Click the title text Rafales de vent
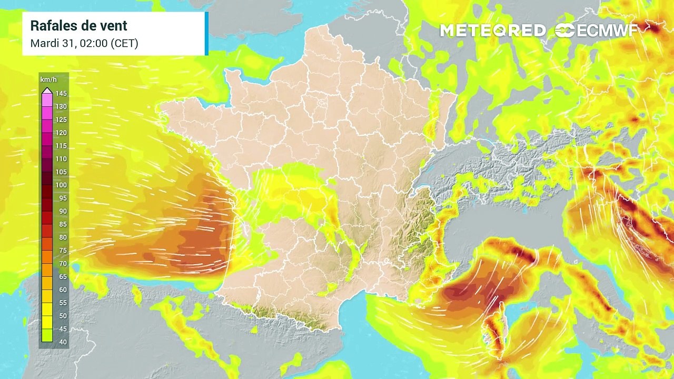click(x=78, y=26)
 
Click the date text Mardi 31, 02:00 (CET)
click(x=84, y=43)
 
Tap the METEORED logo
click(x=493, y=31)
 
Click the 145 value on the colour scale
click(x=61, y=94)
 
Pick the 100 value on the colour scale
click(x=61, y=185)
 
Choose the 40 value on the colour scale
click(x=61, y=342)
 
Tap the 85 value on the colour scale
click(x=61, y=224)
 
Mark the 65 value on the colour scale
click(x=61, y=277)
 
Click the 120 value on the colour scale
click(x=61, y=133)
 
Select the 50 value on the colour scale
click(x=61, y=316)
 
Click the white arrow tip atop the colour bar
click(x=47, y=90)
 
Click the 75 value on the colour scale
click(x=61, y=251)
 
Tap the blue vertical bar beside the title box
click(x=206, y=34)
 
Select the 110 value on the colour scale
click(x=61, y=159)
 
